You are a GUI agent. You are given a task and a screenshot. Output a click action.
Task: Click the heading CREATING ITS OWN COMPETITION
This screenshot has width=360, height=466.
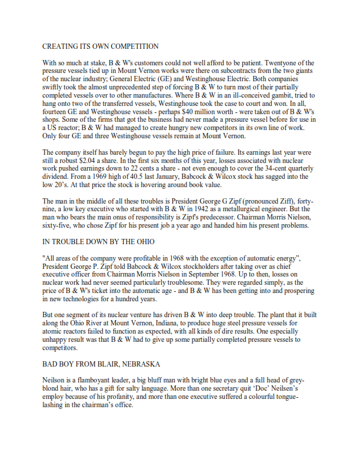pyautogui.click(x=100, y=46)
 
